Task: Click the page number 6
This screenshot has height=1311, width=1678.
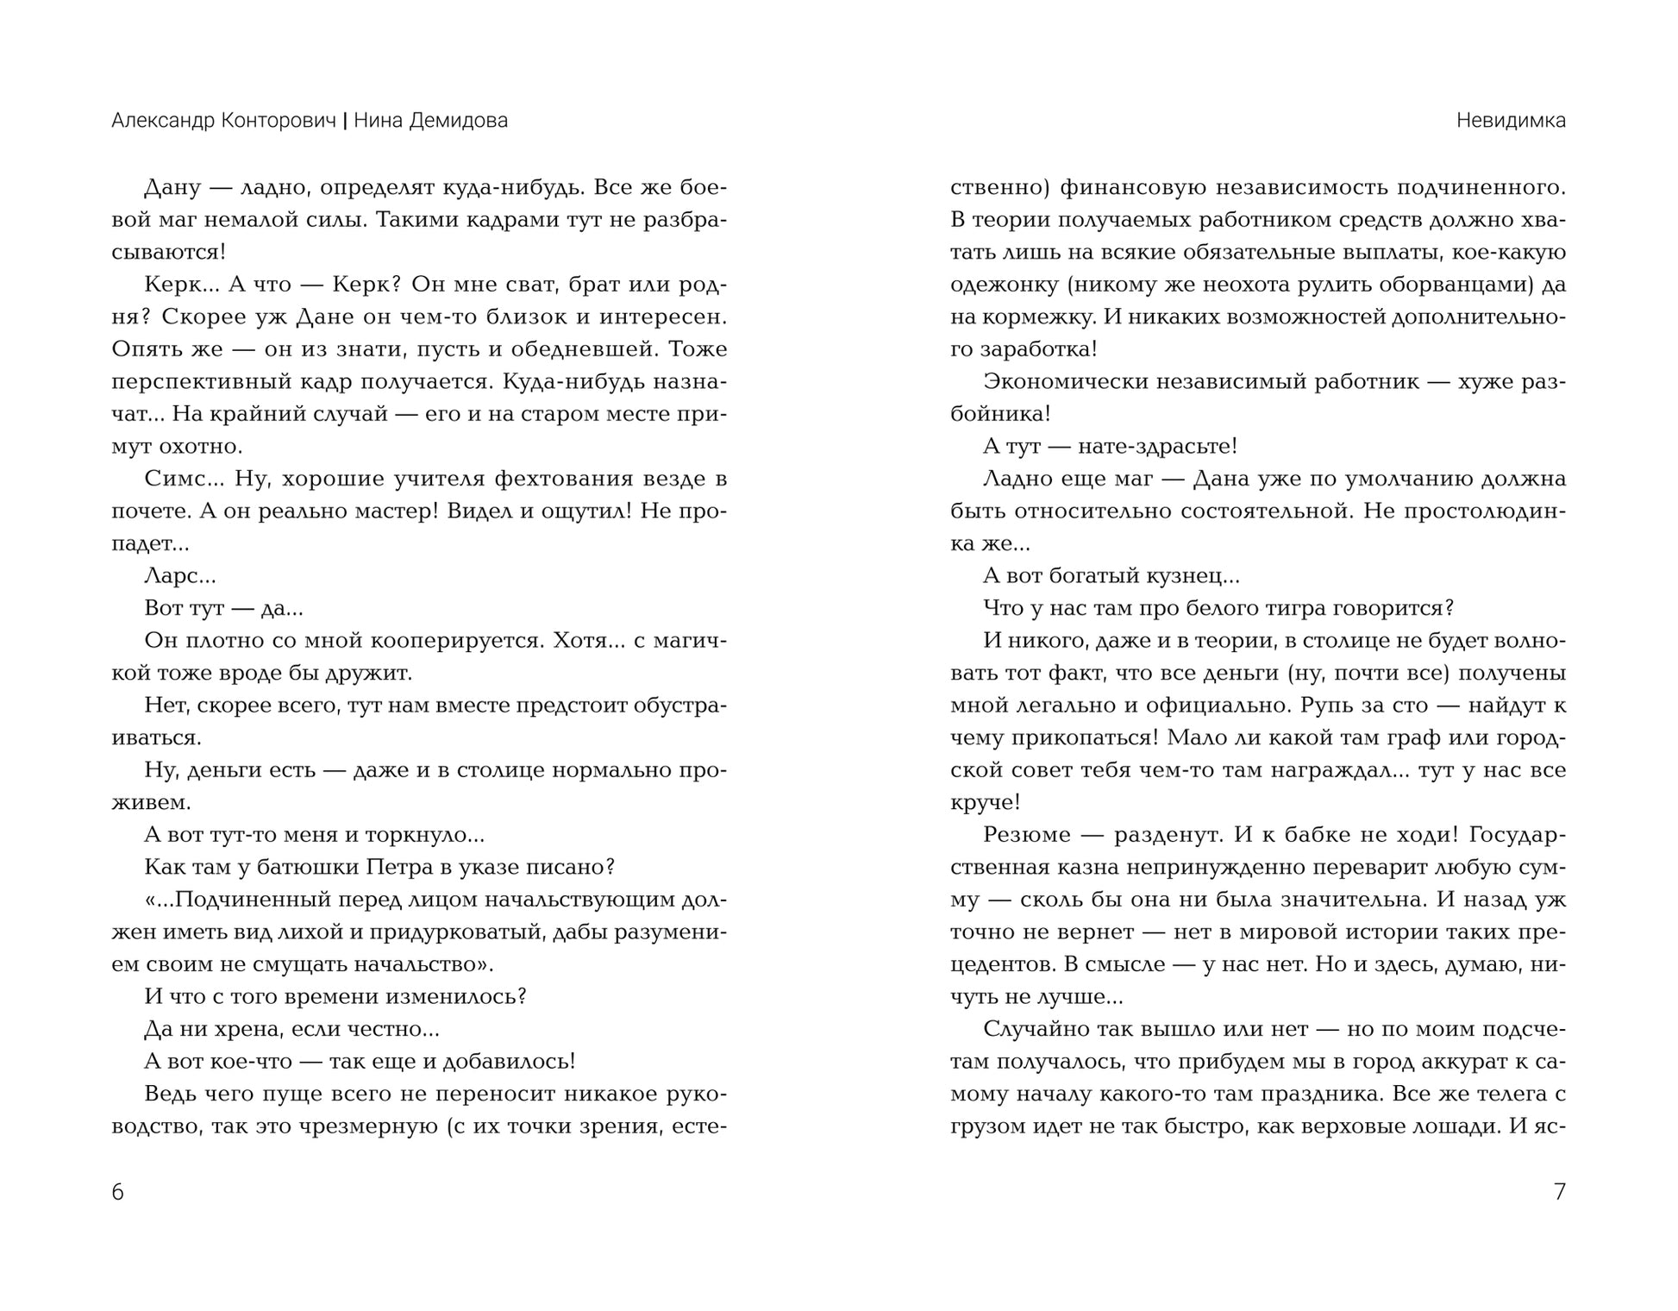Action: pyautogui.click(x=118, y=1192)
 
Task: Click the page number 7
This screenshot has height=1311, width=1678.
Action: pyautogui.click(x=1559, y=1192)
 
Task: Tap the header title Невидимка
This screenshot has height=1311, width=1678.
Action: pyautogui.click(x=1511, y=121)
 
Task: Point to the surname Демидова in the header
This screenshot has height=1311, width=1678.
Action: pyautogui.click(x=458, y=121)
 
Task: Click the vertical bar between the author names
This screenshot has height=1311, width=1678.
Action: pyautogui.click(x=345, y=121)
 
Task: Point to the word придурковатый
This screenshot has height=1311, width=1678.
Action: pyautogui.click(x=466, y=931)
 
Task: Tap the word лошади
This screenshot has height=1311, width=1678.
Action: pyautogui.click(x=1455, y=1126)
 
